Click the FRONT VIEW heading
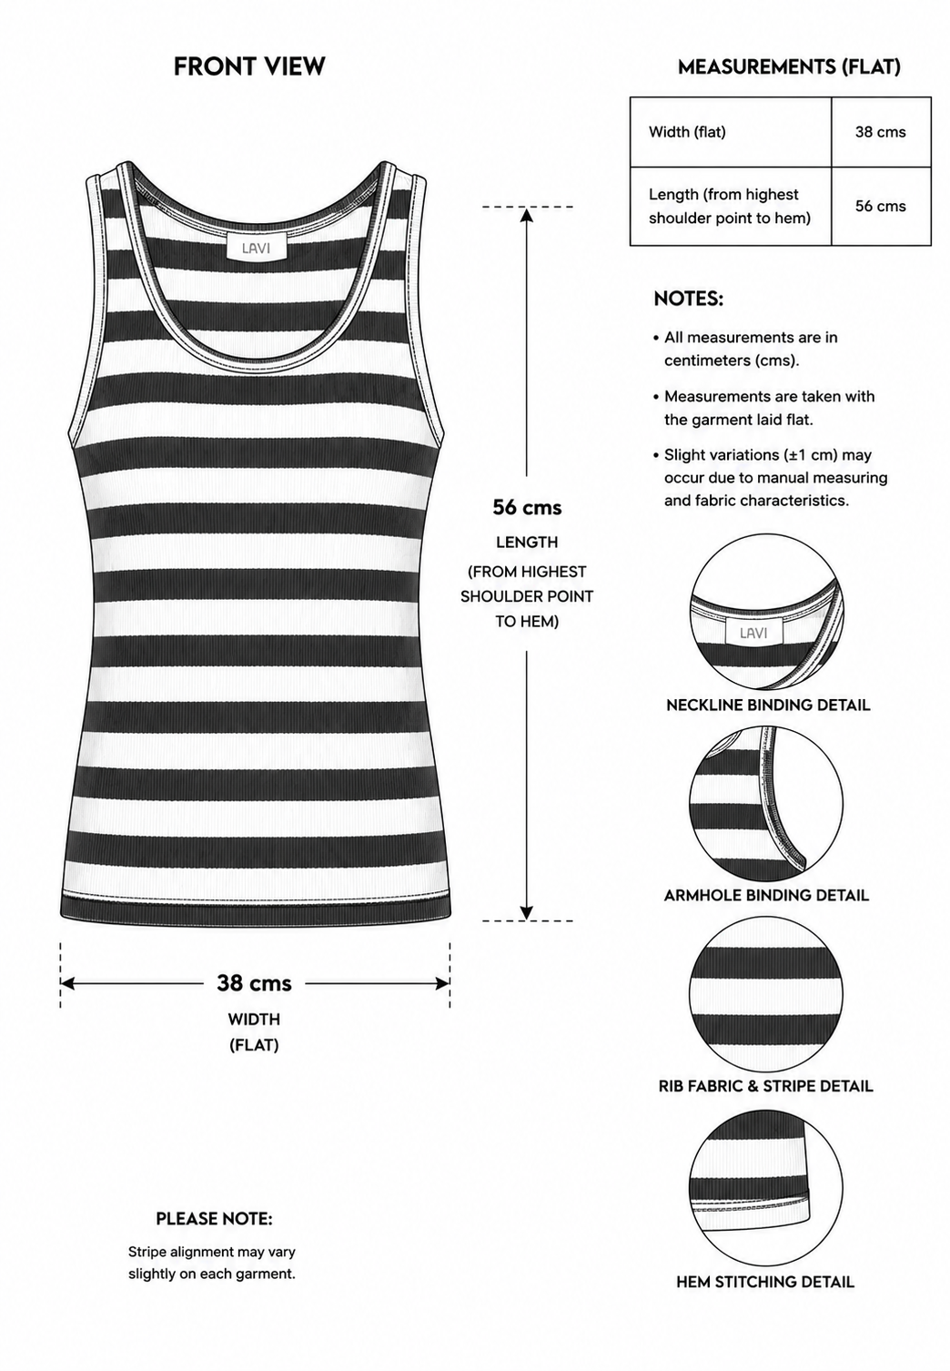pyautogui.click(x=249, y=66)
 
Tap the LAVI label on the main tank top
pyautogui.click(x=257, y=249)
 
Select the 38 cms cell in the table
pyautogui.click(x=880, y=132)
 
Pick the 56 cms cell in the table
pyautogui.click(x=880, y=207)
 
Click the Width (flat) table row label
pyautogui.click(x=687, y=132)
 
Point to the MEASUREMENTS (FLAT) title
pyautogui.click(x=789, y=66)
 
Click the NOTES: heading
pyautogui.click(x=688, y=300)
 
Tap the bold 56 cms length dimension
pyautogui.click(x=527, y=507)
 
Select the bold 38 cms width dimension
pyautogui.click(x=254, y=983)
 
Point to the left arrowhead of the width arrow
pyautogui.click(x=67, y=983)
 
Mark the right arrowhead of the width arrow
pyautogui.click(x=442, y=983)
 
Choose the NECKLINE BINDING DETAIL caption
pyautogui.click(x=768, y=706)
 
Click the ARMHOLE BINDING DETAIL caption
pyautogui.click(x=766, y=896)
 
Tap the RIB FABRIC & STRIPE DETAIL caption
pyautogui.click(x=766, y=1086)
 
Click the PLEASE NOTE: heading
pyautogui.click(x=214, y=1219)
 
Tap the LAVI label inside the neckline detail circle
pyautogui.click(x=753, y=633)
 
